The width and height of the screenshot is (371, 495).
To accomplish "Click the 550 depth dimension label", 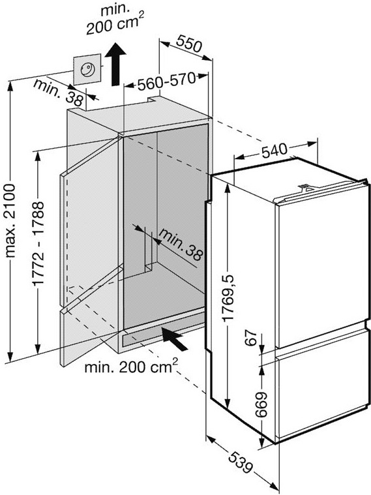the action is point(188,43).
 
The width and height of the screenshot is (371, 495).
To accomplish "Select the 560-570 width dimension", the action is point(166,82).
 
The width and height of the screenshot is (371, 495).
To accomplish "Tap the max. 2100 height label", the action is point(10,220).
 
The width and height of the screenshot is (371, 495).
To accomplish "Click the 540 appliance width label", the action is point(274,151).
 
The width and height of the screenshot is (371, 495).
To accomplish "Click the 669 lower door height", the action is point(261,405).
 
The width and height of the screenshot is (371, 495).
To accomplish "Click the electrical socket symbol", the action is point(87,69).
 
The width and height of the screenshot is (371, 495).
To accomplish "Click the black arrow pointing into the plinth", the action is point(174,338).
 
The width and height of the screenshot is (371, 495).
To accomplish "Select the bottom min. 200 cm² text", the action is point(131,367).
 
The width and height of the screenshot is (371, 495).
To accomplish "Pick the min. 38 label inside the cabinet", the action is point(181,245).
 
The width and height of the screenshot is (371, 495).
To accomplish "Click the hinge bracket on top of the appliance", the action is point(305,188).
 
